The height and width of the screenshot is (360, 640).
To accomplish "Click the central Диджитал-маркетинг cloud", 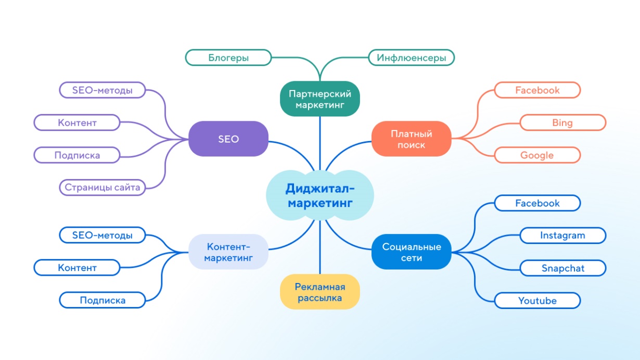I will click(x=319, y=195).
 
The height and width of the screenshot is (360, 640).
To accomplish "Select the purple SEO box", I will click(x=228, y=139).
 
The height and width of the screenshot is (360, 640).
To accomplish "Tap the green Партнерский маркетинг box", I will click(x=320, y=99).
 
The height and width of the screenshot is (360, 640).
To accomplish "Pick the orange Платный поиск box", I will click(x=411, y=139).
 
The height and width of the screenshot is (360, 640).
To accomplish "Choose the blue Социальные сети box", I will click(x=411, y=252).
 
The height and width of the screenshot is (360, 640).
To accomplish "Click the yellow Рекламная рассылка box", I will click(x=320, y=292).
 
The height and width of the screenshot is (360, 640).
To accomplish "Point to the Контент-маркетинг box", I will click(x=228, y=252).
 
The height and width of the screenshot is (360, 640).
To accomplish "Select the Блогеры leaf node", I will click(x=228, y=57).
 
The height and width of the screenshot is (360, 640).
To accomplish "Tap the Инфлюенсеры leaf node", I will click(x=411, y=57).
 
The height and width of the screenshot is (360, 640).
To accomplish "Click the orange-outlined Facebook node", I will click(x=537, y=90).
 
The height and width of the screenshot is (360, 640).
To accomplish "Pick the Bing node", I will click(x=562, y=123).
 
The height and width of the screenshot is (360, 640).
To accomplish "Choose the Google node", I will click(x=537, y=155).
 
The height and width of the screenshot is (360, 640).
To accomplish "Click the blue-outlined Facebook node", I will click(x=537, y=203).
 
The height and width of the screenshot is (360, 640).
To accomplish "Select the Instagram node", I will click(x=562, y=235).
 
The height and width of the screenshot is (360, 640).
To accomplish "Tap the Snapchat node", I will click(x=562, y=268).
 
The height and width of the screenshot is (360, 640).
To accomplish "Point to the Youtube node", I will click(x=537, y=300).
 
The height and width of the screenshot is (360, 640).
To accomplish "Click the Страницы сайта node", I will click(x=102, y=187).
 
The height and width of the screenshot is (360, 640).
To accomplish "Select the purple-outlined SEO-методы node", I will click(x=102, y=90).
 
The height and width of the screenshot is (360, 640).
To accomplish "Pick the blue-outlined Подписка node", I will click(x=102, y=300).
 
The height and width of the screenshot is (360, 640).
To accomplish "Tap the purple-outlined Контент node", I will click(x=77, y=123).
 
